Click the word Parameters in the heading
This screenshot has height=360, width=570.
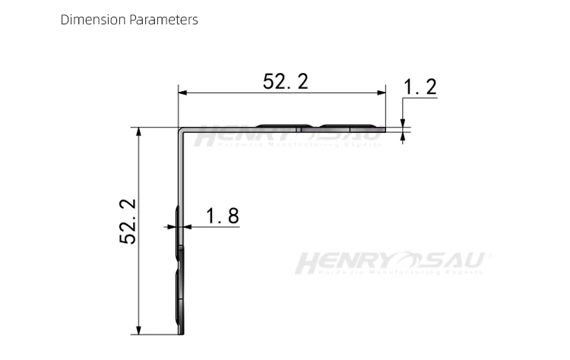163,20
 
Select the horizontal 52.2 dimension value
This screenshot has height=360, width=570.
286,81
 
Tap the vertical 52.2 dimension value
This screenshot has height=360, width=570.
127,221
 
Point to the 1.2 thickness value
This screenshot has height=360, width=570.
420,87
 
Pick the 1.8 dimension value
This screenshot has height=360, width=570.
222,216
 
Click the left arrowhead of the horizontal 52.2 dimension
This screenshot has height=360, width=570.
183,93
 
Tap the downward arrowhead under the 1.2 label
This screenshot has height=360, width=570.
403,123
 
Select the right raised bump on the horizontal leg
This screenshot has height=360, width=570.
348,125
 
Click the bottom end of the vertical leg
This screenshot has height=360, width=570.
181,333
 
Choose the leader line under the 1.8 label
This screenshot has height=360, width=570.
213,226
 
